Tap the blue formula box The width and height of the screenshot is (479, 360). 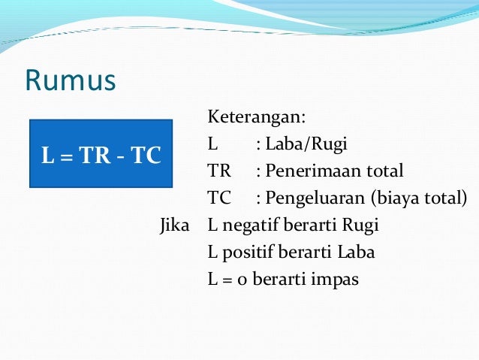tap(101, 153)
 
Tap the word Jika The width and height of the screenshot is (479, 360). tap(174, 225)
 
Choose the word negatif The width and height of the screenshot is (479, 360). tap(249, 225)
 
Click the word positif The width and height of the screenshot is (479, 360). tap(246, 253)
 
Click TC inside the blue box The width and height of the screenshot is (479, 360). tap(145, 157)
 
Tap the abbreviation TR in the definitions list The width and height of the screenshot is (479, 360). tap(220, 171)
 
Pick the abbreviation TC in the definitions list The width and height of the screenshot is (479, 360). tap(220, 198)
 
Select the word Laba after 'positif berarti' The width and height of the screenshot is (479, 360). tap(357, 253)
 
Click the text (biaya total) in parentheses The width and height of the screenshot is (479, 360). tap(424, 198)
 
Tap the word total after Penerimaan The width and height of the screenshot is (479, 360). tap(384, 171)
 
